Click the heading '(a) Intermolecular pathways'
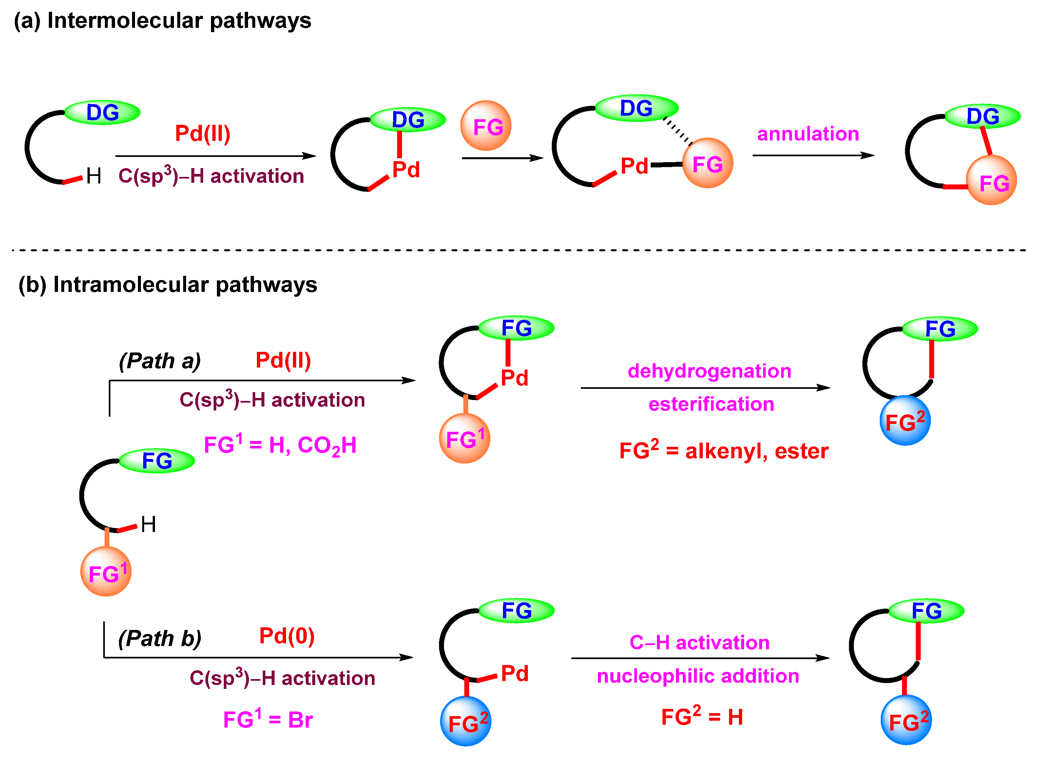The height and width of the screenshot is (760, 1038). [x=163, y=21]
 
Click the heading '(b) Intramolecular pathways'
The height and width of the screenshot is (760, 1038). [x=168, y=285]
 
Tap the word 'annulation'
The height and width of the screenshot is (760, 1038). [x=808, y=134]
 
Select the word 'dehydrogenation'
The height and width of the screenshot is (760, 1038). [x=709, y=371]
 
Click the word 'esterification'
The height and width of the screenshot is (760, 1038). [x=711, y=404]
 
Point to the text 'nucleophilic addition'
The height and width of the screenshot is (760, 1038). [x=698, y=676]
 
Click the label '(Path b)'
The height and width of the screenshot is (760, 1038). [x=160, y=638]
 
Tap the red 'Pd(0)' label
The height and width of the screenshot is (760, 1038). [x=287, y=636]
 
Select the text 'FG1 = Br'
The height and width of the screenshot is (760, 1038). [x=268, y=719]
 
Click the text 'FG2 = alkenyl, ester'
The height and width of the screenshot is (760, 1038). [x=724, y=451]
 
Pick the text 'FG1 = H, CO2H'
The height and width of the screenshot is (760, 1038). [x=280, y=445]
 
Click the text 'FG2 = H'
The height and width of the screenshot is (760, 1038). [x=702, y=717]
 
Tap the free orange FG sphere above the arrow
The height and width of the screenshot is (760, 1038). [x=486, y=125]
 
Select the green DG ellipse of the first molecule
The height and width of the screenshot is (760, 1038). [x=102, y=112]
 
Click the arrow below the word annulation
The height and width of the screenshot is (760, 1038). [x=813, y=156]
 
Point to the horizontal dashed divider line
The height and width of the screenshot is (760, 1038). [x=519, y=250]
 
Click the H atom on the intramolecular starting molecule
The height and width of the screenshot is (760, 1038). [x=148, y=524]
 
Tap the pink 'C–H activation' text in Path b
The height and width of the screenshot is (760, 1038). [x=699, y=643]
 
